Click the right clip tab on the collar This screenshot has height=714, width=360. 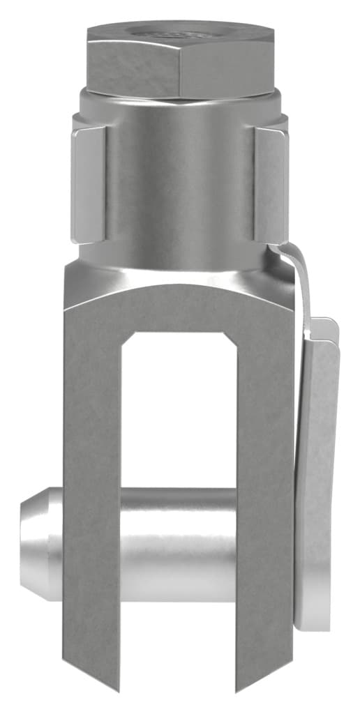point(271,184)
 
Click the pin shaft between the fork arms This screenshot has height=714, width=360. point(179,544)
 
